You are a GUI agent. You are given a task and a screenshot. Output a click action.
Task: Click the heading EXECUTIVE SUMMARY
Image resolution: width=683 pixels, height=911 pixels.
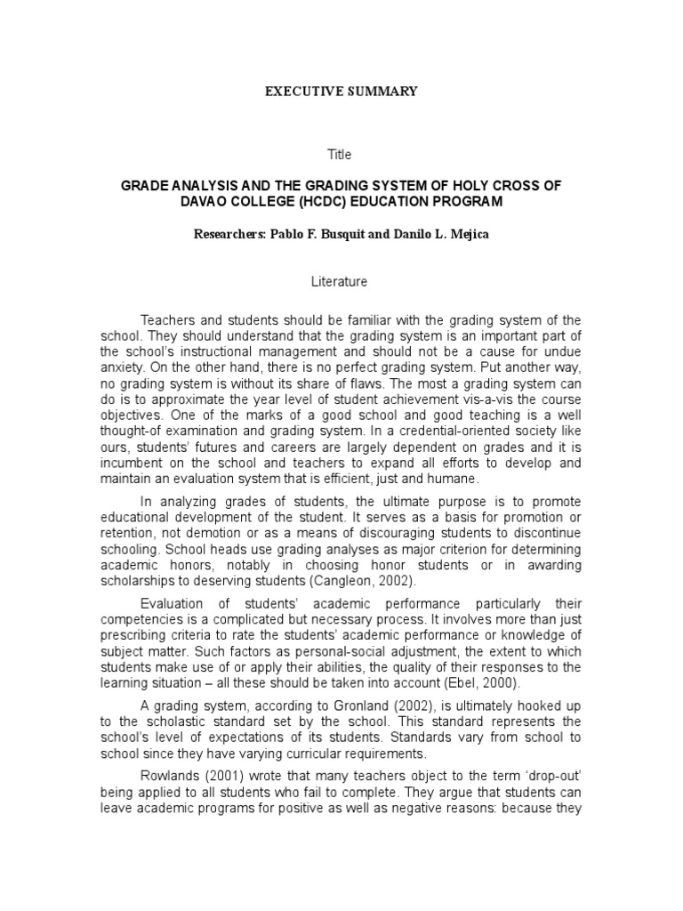tap(341, 91)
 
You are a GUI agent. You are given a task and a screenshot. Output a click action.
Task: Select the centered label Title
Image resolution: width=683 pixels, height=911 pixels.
tap(340, 155)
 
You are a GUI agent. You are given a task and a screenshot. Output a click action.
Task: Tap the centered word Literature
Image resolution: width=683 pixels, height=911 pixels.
tap(340, 281)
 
